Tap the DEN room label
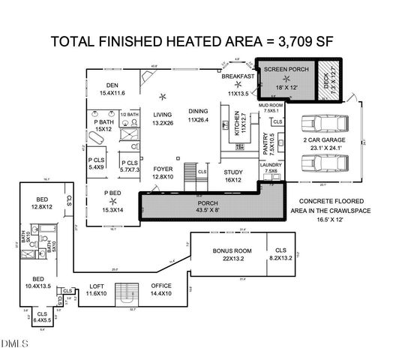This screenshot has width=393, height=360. (x=112, y=89)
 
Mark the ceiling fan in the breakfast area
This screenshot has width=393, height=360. (x=238, y=84)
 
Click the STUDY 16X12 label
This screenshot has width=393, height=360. (x=233, y=176)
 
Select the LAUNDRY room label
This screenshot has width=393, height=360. (x=270, y=167)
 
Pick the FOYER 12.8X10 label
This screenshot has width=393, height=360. (x=163, y=173)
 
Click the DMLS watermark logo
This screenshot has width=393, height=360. (x=14, y=344)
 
